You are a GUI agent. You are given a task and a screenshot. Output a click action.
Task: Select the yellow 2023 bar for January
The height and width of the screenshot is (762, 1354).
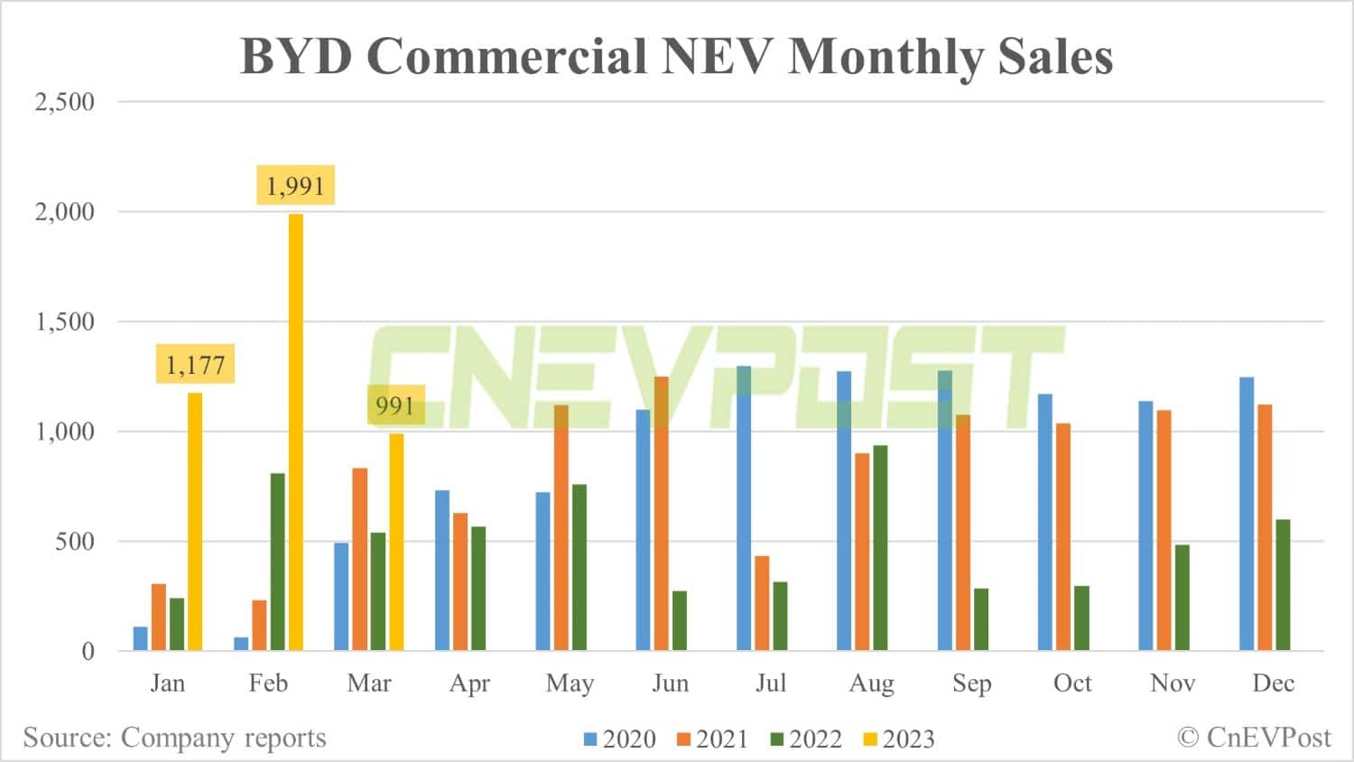point(195,521)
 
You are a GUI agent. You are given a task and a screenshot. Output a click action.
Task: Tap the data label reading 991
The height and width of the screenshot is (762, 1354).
point(395,405)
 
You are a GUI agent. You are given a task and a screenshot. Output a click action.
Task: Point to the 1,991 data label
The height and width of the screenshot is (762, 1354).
point(295,186)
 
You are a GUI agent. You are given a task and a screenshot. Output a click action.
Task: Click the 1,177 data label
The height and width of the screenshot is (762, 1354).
point(195,365)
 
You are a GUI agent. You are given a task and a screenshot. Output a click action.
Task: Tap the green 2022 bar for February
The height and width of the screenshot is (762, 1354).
point(277,562)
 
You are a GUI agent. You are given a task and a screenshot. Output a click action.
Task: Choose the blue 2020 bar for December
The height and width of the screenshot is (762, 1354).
point(1247,514)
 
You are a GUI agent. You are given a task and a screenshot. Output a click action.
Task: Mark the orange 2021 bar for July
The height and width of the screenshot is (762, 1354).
point(762,603)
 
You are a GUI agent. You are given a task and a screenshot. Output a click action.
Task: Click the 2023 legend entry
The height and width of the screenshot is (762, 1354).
point(899,739)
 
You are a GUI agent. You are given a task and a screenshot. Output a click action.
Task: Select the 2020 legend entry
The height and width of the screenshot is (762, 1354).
point(620,739)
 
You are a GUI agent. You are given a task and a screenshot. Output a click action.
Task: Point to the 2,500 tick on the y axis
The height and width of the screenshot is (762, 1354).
point(64,102)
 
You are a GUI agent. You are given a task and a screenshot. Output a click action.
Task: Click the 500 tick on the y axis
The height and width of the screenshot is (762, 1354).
point(75,542)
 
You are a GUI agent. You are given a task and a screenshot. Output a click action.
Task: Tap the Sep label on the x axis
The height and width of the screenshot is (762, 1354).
point(971,683)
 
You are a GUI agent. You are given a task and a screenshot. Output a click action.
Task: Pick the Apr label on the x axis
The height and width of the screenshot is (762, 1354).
point(469,683)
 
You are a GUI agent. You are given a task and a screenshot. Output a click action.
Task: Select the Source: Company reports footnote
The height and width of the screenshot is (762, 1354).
point(174,738)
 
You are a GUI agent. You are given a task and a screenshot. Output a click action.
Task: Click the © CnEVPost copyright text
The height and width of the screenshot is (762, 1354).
point(1255,738)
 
